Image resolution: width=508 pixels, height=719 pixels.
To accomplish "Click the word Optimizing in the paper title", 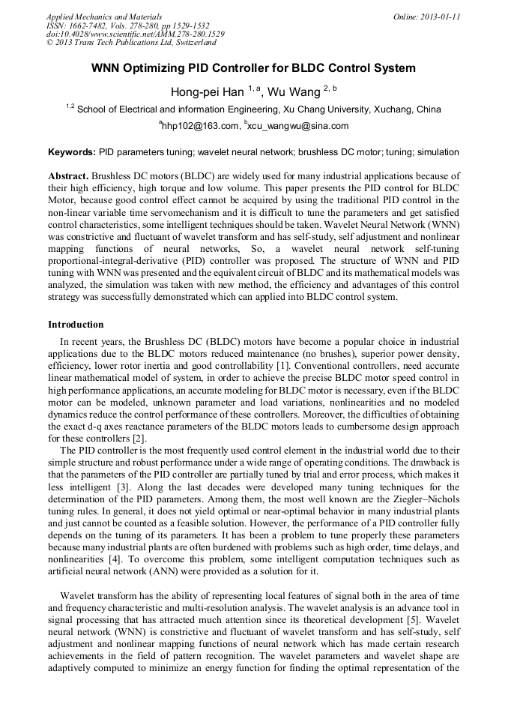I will [156, 68].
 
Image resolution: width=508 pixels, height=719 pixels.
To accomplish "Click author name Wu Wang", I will [294, 91].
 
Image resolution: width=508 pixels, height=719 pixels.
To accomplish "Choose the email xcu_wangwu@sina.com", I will [298, 126].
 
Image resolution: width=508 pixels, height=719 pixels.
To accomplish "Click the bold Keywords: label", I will [72, 152].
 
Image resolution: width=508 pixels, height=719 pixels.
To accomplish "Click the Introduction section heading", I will [76, 325].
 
